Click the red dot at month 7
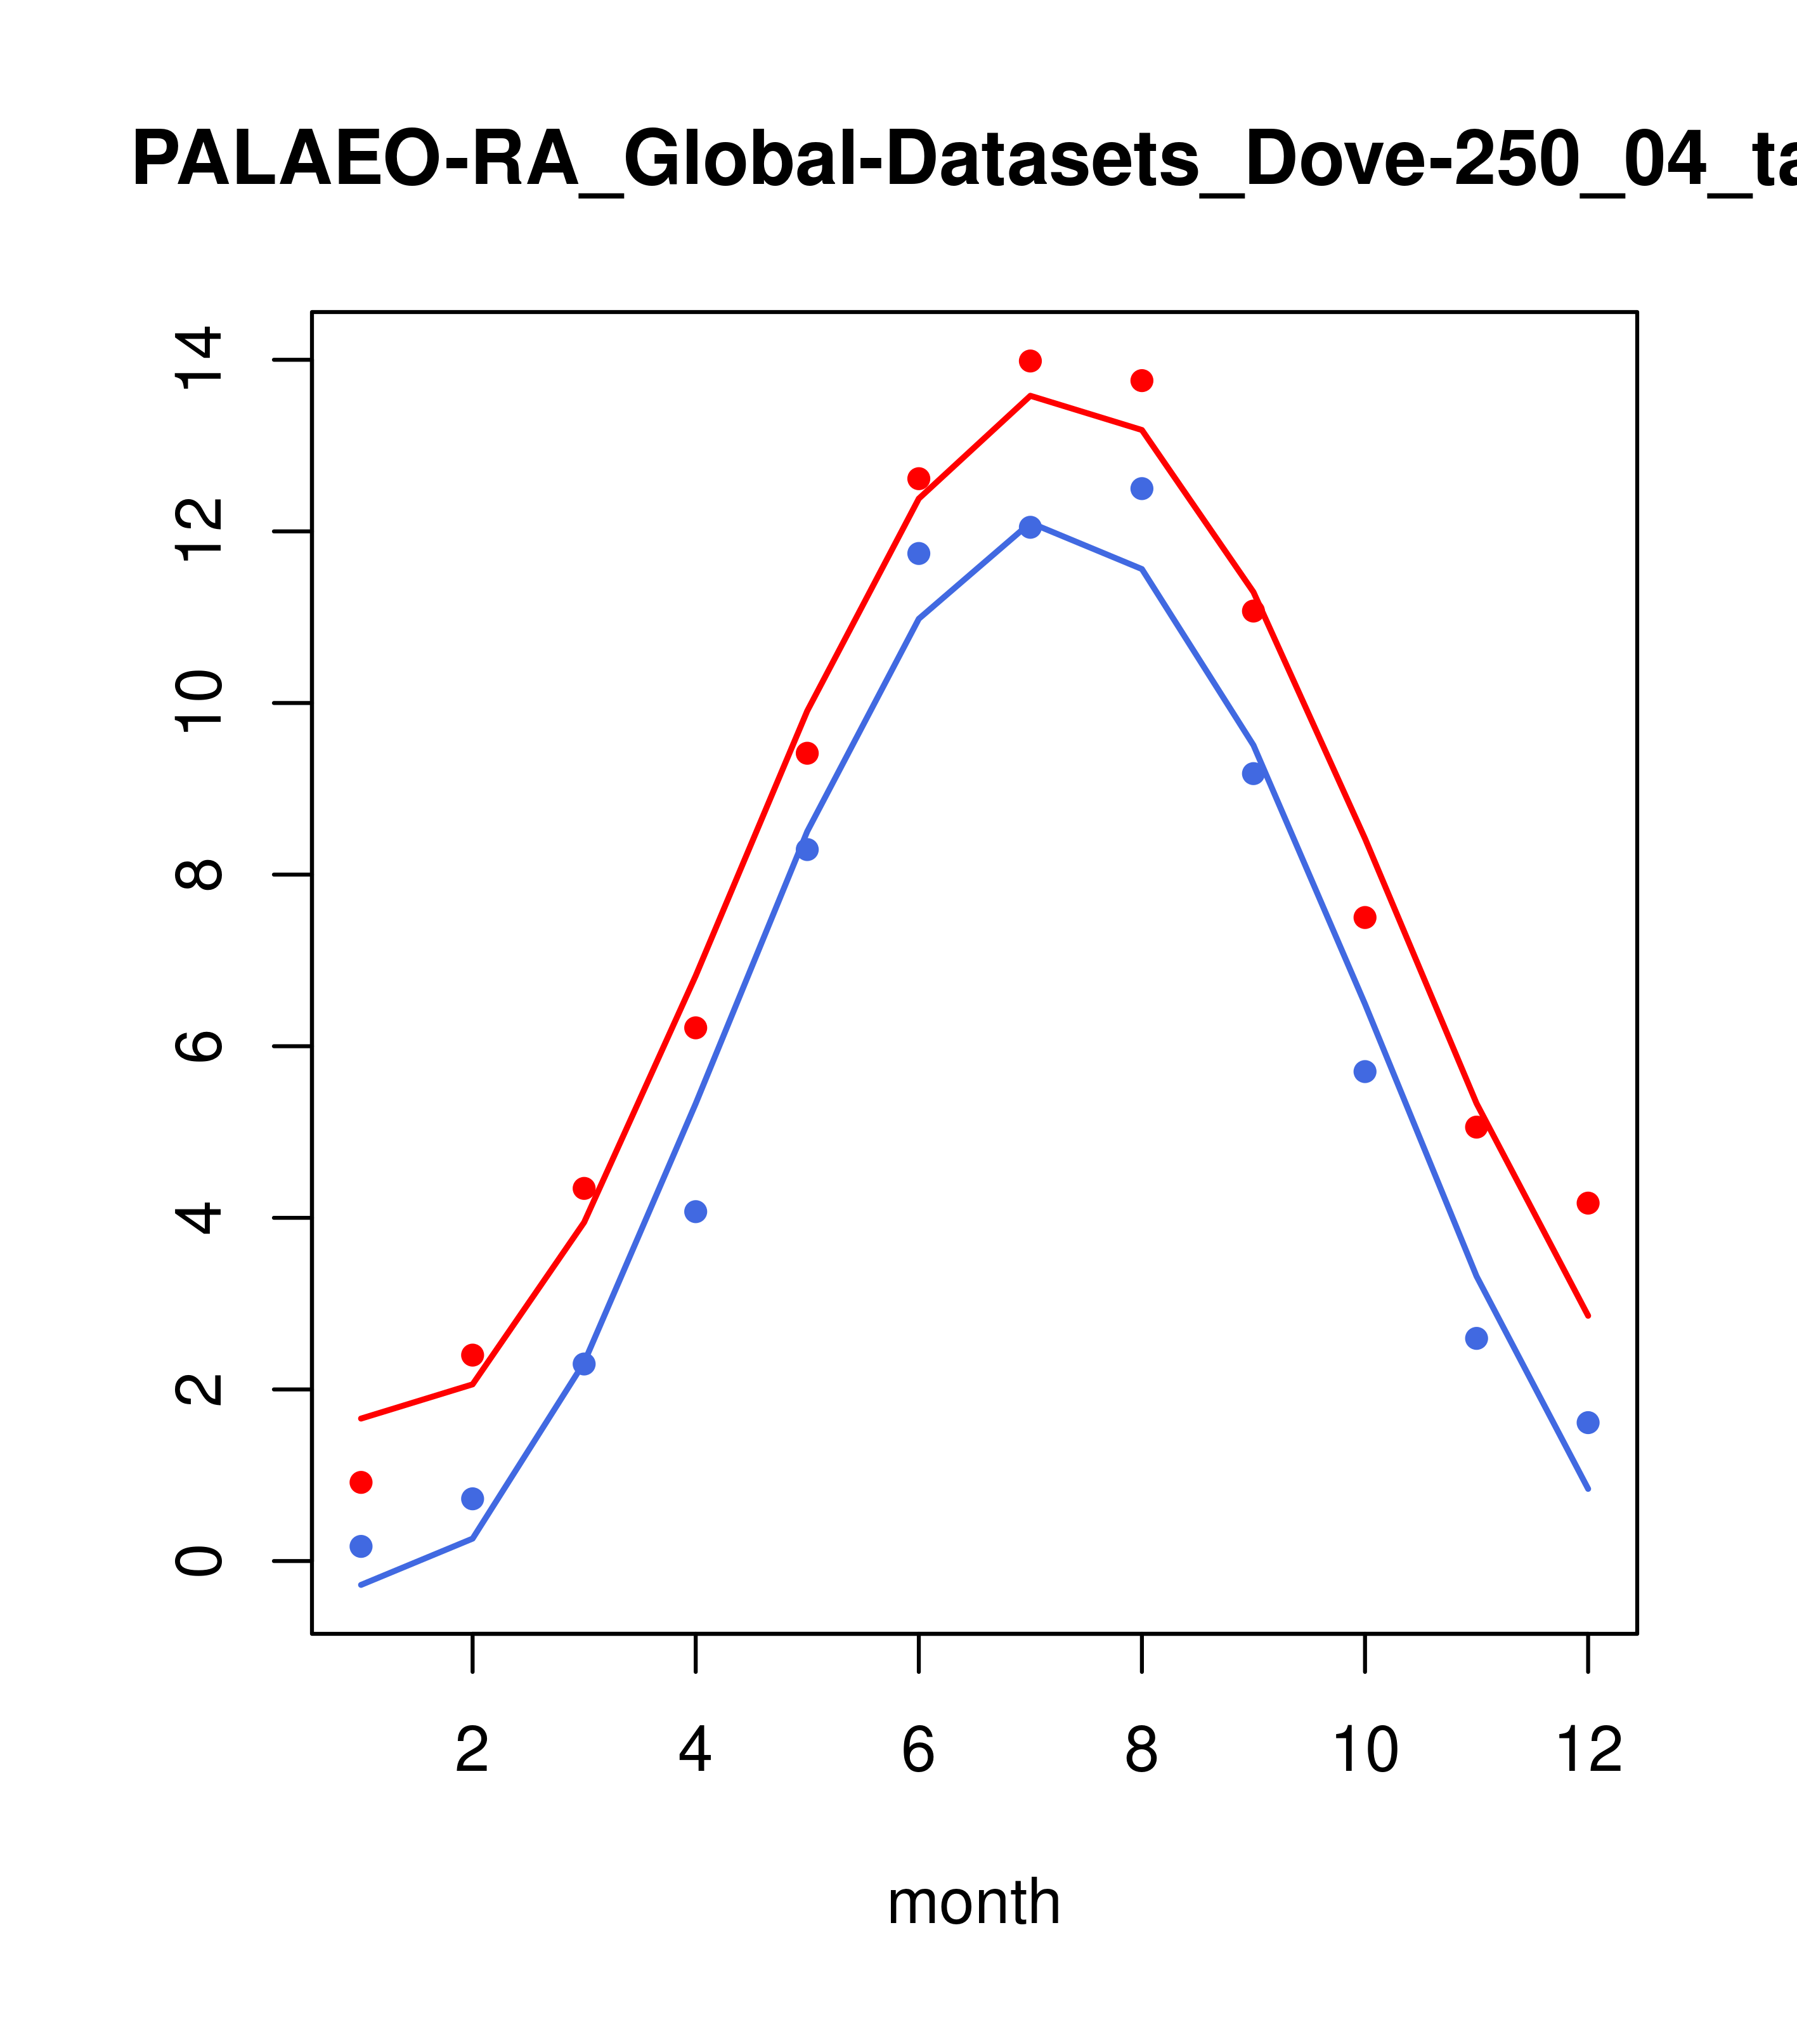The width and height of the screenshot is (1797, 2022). pos(1030,361)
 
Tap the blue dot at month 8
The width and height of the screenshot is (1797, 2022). pos(1142,488)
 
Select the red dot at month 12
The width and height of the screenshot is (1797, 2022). pos(1588,1203)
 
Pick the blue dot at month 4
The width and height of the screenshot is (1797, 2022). pos(696,1212)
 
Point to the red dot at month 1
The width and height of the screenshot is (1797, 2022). pos(361,1482)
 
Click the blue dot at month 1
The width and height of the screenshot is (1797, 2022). pos(361,1546)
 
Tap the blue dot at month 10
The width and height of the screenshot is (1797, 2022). pos(1365,1071)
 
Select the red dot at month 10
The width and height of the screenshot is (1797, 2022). pos(1365,917)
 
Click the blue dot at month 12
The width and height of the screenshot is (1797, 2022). pos(1588,1423)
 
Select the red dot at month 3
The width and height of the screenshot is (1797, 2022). pos(585,1188)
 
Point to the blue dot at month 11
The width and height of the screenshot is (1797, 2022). pos(1477,1338)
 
